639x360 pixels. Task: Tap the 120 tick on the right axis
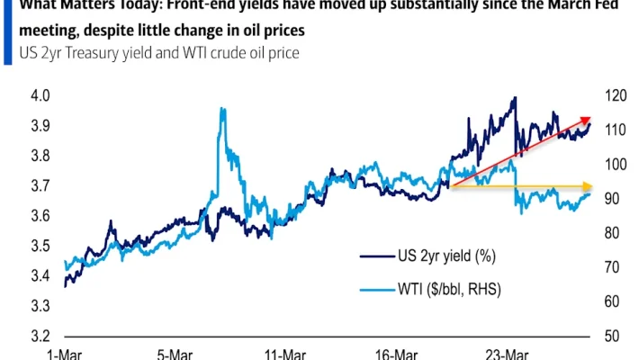pyautogui.click(x=615, y=94)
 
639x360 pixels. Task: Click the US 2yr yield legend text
pyautogui.click(x=446, y=256)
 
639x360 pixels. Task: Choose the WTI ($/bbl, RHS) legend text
pyautogui.click(x=449, y=289)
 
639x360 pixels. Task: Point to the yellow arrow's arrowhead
pyautogui.click(x=589, y=186)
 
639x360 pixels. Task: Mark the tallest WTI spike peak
pyautogui.click(x=221, y=109)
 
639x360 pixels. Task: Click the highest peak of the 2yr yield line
pyautogui.click(x=514, y=98)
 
